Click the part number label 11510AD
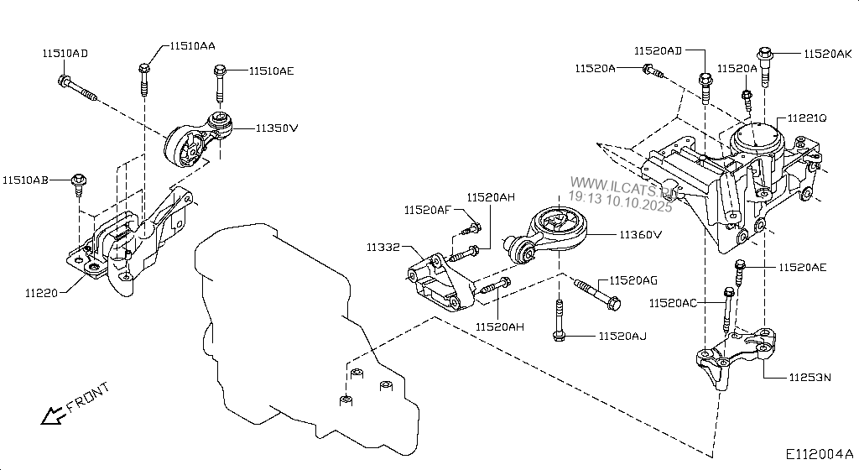point(65,53)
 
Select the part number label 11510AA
point(192,46)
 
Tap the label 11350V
point(278,128)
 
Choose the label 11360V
point(642,235)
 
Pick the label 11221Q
point(806,119)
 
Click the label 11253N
point(810,378)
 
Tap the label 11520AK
point(828,54)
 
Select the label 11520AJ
point(622,337)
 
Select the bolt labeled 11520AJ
point(558,323)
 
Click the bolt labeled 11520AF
point(473,228)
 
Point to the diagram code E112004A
point(819,454)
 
